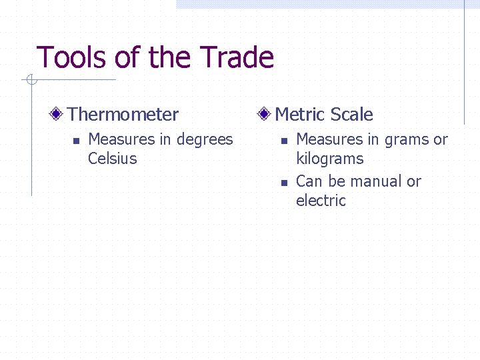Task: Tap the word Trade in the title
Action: pyautogui.click(x=239, y=58)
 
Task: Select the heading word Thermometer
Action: pyautogui.click(x=123, y=115)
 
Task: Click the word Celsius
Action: pyautogui.click(x=112, y=159)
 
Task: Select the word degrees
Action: pyautogui.click(x=205, y=140)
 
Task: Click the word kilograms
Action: pyautogui.click(x=329, y=159)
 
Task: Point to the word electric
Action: pyautogui.click(x=321, y=201)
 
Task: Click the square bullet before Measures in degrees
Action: pyautogui.click(x=75, y=141)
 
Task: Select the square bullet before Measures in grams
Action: pyautogui.click(x=283, y=141)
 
